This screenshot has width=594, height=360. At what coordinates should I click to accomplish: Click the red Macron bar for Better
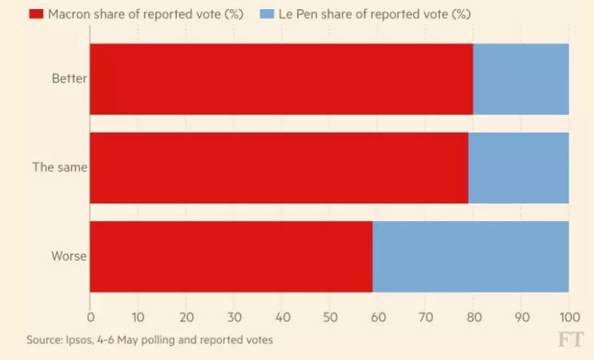(281, 79)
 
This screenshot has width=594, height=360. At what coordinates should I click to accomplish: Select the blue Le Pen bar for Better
(520, 79)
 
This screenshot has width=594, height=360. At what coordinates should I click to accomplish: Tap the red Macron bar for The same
(279, 168)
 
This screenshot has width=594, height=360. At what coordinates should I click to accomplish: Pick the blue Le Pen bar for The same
(518, 168)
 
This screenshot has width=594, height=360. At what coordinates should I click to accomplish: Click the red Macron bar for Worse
(231, 257)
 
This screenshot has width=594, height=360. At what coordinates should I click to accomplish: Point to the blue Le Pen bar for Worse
(470, 257)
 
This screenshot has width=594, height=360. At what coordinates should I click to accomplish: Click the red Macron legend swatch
(36, 15)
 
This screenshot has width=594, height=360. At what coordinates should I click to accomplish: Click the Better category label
(69, 79)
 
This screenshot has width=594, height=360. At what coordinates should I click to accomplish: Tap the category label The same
(60, 168)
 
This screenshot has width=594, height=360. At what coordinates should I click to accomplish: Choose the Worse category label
(69, 257)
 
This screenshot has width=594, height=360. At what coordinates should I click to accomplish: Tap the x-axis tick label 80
(473, 316)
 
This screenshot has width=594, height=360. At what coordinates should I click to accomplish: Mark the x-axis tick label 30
(234, 316)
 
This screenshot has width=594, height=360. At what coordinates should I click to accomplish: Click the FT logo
(570, 338)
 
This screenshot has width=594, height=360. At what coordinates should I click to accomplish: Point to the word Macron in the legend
(69, 15)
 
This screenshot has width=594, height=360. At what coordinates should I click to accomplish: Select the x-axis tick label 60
(377, 316)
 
